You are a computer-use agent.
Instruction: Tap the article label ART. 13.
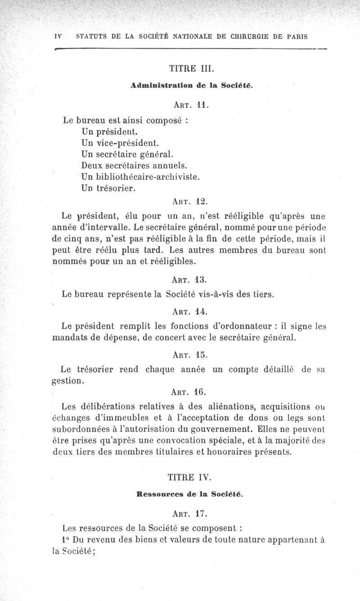189,280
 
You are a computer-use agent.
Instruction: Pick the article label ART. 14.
189,311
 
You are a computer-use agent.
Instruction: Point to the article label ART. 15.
189,354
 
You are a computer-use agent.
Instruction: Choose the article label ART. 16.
189,392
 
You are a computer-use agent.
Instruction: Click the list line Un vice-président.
120,143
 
